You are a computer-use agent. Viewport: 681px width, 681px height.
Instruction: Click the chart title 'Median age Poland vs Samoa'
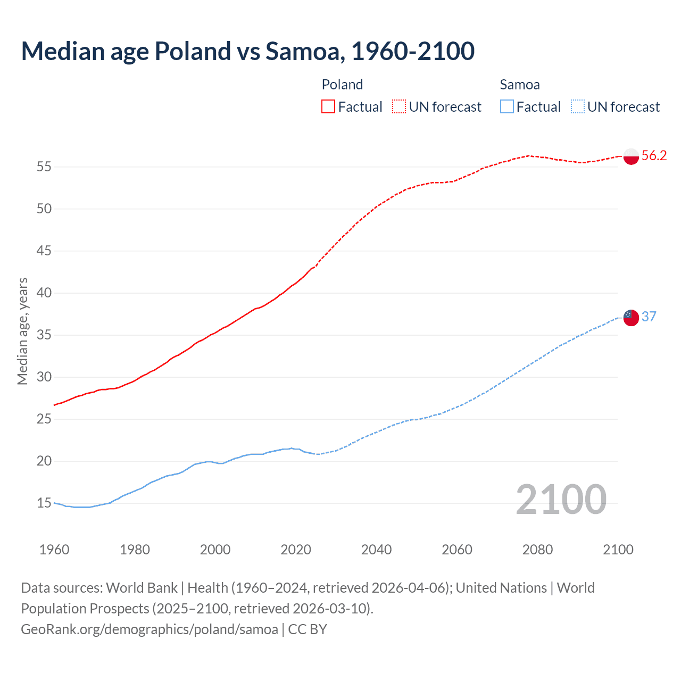[247, 52]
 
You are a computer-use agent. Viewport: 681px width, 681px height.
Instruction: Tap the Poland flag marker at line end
[630, 156]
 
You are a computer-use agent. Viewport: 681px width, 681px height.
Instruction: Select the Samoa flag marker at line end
[630, 318]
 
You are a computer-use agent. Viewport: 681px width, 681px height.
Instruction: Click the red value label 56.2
[654, 156]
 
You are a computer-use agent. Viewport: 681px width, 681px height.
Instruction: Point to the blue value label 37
[649, 317]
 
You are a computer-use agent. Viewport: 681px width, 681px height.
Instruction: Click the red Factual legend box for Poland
[328, 107]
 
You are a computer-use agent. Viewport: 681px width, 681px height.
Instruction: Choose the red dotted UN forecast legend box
[399, 107]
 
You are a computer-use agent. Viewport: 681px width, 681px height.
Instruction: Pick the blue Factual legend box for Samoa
[506, 107]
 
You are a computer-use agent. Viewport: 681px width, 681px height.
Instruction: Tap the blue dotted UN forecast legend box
[577, 107]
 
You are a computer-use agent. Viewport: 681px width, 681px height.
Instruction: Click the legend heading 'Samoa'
[520, 85]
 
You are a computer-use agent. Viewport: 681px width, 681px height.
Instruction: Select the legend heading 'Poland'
[342, 85]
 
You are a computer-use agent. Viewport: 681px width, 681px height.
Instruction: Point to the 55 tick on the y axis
[44, 167]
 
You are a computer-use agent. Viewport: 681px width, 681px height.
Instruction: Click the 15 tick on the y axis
[44, 503]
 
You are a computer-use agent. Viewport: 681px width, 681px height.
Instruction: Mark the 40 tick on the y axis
[44, 293]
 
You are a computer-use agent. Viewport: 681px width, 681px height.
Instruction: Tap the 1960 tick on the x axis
[54, 550]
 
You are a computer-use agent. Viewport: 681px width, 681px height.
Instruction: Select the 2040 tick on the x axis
[376, 550]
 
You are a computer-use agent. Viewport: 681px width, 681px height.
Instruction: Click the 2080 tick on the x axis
[537, 550]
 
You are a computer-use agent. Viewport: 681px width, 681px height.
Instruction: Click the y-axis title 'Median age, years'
[22, 331]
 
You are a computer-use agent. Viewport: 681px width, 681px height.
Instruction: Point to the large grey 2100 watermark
[561, 500]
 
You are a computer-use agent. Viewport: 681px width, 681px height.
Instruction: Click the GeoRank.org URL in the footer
[150, 629]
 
